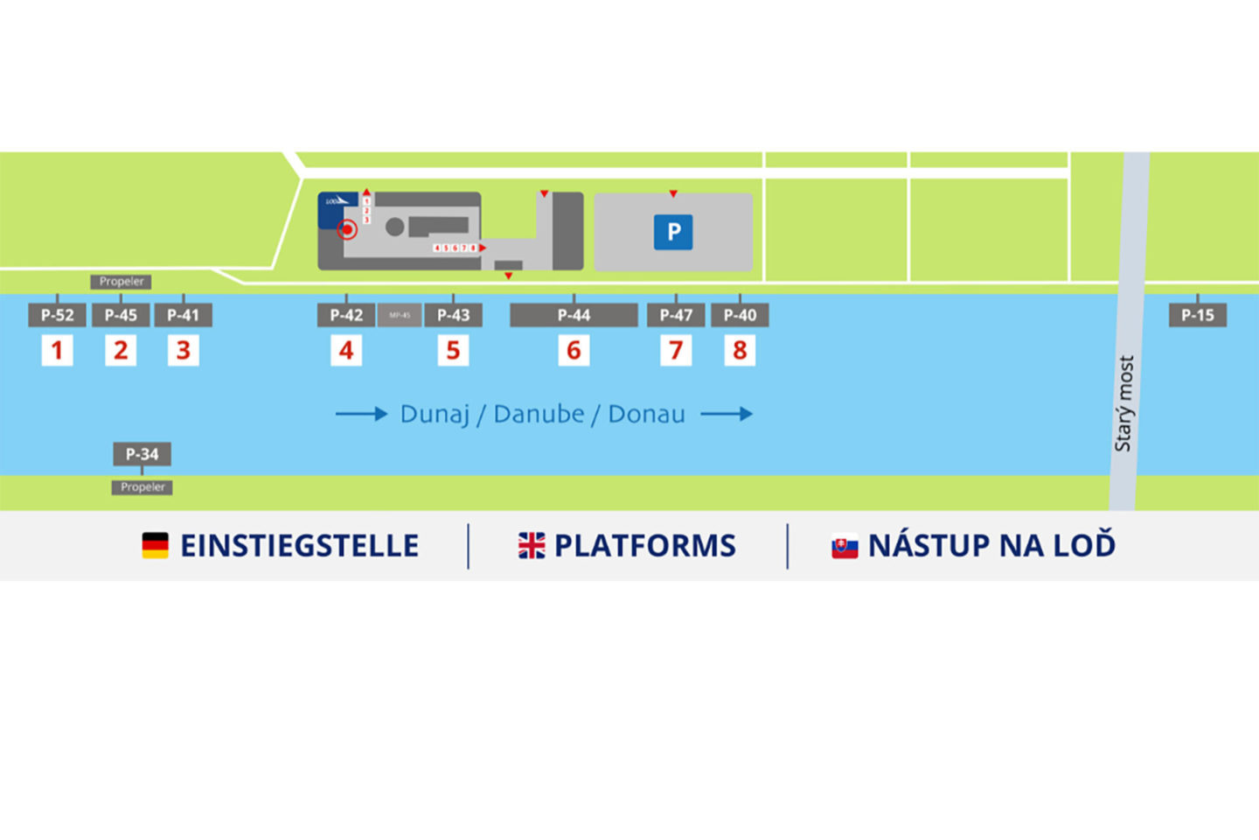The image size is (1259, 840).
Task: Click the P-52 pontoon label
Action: click(57, 315)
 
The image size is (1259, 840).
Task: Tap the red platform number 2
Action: click(121, 351)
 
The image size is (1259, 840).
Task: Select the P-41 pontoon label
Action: click(183, 315)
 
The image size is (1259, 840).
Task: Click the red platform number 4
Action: click(346, 351)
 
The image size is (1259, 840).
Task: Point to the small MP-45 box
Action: click(400, 315)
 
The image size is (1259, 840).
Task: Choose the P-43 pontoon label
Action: click(453, 315)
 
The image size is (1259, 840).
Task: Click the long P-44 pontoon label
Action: click(574, 315)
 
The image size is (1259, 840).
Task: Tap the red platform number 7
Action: click(676, 351)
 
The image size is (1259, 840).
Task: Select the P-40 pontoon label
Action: click(740, 315)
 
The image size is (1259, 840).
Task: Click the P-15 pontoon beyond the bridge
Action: click(1197, 315)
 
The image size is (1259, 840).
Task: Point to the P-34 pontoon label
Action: click(142, 454)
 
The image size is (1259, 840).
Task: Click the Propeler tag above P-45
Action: click(121, 282)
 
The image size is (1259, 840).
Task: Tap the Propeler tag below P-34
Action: click(142, 487)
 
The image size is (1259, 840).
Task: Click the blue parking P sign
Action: click(673, 232)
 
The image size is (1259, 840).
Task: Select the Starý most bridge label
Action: click(1124, 403)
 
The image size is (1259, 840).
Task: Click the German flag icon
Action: click(155, 545)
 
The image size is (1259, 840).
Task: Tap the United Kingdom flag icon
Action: click(531, 545)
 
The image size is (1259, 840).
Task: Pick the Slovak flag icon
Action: click(844, 547)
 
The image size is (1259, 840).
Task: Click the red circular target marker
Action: click(347, 230)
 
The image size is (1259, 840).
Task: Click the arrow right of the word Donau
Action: click(727, 414)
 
